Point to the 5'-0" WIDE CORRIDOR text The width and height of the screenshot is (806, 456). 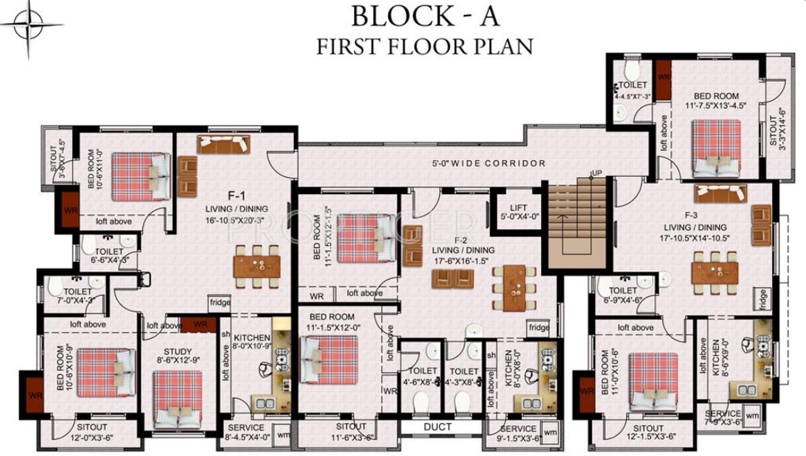pos(489,164)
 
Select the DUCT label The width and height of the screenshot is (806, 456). pos(437,427)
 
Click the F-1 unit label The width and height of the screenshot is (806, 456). pos(219,196)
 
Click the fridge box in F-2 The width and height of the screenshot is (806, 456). pos(538,328)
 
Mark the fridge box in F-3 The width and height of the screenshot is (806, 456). pos(762,297)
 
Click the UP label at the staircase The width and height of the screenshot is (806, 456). pos(597,172)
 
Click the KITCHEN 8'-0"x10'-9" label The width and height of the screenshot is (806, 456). pos(253,342)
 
